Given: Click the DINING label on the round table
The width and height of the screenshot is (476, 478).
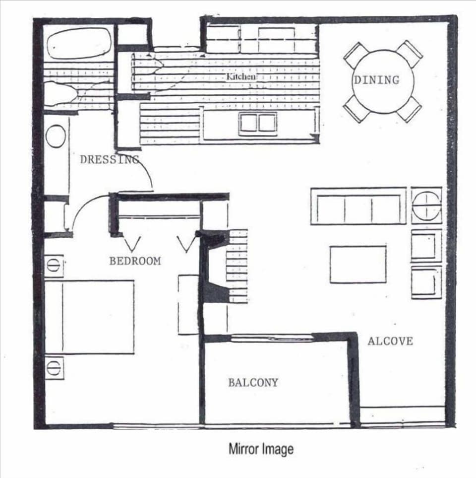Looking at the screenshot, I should tap(376, 79).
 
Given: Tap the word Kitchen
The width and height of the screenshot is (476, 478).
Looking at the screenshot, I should tap(241, 77).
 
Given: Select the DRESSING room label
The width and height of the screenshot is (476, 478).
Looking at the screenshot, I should tap(110, 159).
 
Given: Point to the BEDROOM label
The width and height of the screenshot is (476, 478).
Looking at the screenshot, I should tap(135, 261).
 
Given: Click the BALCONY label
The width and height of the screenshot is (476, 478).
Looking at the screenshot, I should tap(253, 382).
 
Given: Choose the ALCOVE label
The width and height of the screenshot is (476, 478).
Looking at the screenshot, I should tap(390, 341).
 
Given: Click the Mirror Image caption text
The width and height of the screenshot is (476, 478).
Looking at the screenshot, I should tap(261, 449).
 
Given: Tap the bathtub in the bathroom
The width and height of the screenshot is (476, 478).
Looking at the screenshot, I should tap(79, 44).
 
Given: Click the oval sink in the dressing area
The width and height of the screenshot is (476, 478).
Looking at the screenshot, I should tap(56, 136).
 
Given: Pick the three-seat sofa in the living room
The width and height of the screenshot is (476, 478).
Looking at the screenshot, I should tap(358, 206).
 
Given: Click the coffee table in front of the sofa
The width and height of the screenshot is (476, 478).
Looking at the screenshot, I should tap(358, 264).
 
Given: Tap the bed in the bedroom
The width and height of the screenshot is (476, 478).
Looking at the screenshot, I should tap(89, 317).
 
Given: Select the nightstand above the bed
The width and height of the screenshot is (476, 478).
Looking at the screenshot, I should tap(54, 265).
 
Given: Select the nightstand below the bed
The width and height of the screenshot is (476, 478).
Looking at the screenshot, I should tap(54, 367).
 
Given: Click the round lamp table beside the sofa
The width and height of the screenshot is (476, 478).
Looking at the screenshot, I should tap(426, 205).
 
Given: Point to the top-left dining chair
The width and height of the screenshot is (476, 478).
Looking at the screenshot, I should tap(356, 54).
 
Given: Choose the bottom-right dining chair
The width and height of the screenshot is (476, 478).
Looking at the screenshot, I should tap(409, 110).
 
